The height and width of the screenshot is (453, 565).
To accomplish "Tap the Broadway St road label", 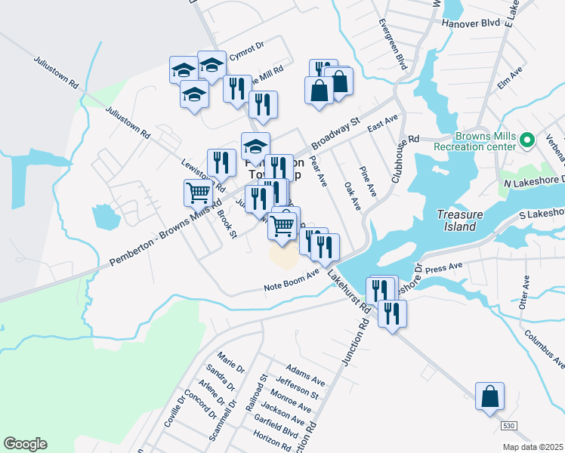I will click(x=336, y=129).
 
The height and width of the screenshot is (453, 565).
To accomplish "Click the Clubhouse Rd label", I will click(x=404, y=159).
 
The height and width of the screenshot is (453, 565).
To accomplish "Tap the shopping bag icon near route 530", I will click(x=489, y=396).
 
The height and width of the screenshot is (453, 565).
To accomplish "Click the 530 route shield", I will click(x=509, y=427).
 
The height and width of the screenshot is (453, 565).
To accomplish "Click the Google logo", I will click(x=25, y=444).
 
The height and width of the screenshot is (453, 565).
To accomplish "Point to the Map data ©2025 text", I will click(x=533, y=447).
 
